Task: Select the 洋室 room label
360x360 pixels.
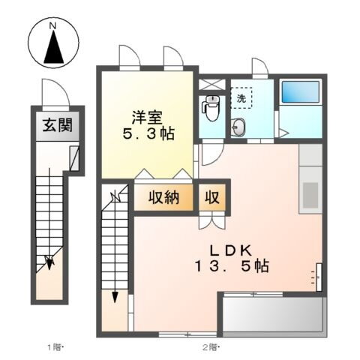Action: tap(145, 118)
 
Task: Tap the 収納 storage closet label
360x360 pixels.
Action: tap(163, 198)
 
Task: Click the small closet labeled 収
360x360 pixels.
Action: tap(212, 198)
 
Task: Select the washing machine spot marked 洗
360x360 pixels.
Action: tap(241, 98)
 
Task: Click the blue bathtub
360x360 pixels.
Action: tap(299, 93)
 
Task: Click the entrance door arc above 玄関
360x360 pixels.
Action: tap(55, 93)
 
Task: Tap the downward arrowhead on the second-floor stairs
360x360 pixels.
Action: tap(115, 296)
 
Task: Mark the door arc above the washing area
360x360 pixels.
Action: tap(259, 67)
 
